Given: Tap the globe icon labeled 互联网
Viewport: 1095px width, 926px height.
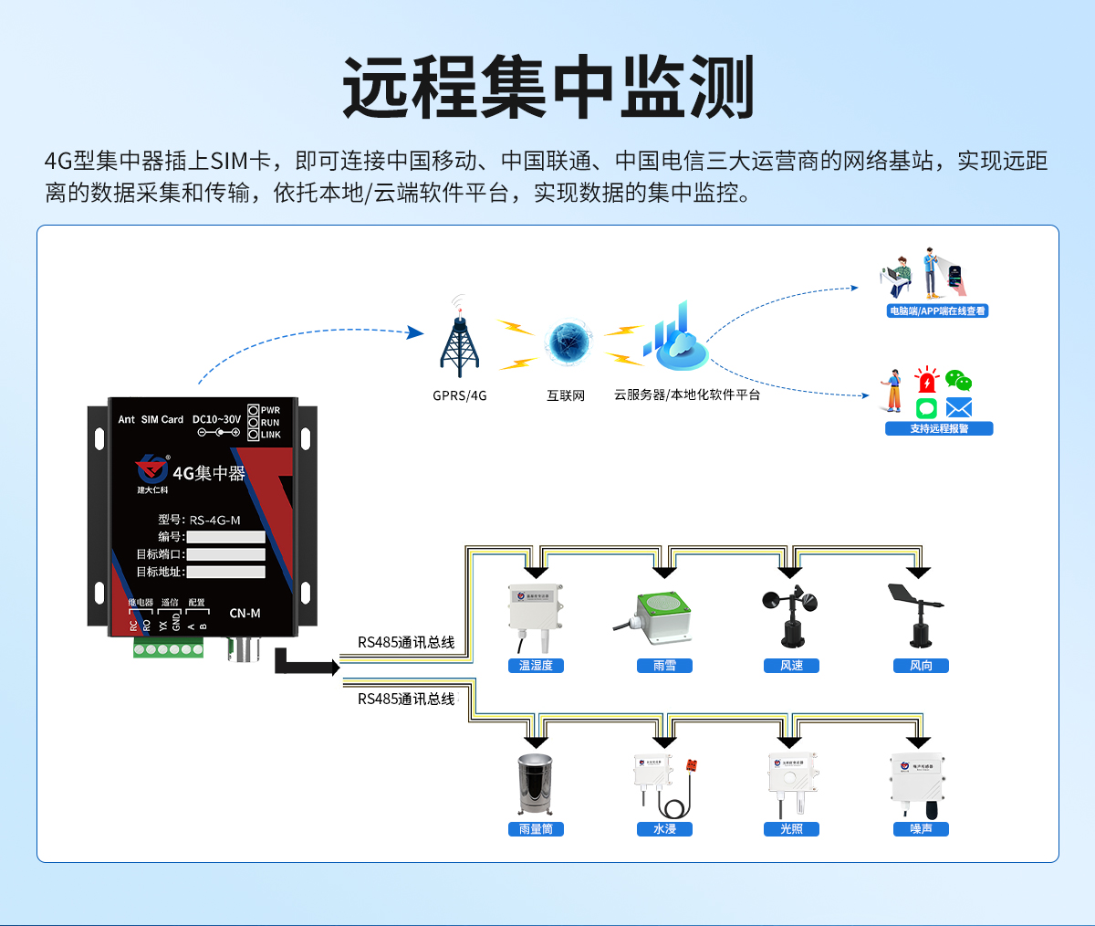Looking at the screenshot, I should [568, 342].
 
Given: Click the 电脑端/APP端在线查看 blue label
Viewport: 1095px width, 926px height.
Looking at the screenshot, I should [937, 310].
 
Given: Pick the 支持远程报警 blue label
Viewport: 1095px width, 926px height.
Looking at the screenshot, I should [939, 428].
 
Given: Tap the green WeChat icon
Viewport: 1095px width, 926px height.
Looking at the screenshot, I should [957, 381].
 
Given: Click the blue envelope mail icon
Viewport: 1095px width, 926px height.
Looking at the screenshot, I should [958, 407].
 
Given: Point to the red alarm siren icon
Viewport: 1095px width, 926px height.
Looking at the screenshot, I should [927, 381].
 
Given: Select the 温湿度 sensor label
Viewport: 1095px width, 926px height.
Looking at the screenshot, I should [536, 666].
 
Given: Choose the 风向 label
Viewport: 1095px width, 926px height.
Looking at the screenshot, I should [921, 666].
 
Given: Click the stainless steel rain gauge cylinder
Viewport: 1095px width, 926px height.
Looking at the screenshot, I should [536, 784].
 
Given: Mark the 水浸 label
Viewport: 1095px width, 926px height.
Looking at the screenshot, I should [664, 829].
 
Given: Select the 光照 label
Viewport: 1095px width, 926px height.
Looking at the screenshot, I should [791, 829].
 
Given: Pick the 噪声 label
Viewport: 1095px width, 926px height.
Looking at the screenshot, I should [921, 829].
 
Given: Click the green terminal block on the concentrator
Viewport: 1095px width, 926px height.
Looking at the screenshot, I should [168, 649].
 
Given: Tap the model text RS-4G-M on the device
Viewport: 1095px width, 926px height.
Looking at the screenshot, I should [214, 521].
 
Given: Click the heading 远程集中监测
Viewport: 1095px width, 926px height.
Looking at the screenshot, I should [547, 88].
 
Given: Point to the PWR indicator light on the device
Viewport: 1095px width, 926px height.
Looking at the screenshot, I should [254, 410].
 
